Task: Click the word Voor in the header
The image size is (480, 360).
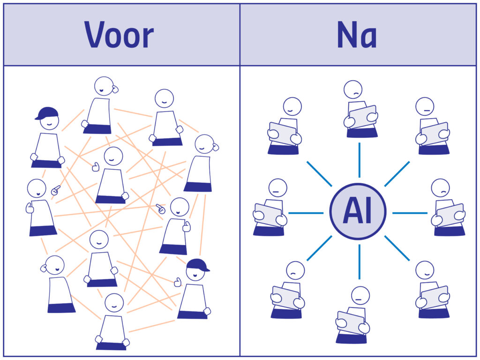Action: [x=119, y=35]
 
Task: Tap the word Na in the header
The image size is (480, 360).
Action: [x=357, y=35]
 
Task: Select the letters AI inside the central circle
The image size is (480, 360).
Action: [x=357, y=212]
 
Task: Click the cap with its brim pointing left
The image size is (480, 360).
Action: [x=47, y=113]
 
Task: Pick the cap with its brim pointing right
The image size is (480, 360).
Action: [x=197, y=265]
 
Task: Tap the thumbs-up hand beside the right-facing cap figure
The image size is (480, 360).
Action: [x=178, y=282]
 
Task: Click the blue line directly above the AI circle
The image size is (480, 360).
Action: [x=360, y=160]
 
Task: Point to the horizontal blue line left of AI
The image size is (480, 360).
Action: [x=306, y=213]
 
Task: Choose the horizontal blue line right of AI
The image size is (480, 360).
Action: [x=410, y=213]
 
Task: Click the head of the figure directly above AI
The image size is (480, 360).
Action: [x=353, y=90]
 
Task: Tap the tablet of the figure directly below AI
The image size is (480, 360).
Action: [x=351, y=322]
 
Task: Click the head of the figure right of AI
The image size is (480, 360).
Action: [x=440, y=188]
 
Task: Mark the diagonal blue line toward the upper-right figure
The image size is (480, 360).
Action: [x=397, y=174]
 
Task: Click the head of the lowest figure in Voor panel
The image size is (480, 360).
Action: [x=114, y=303]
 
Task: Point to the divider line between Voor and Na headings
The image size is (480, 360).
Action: [x=240, y=35]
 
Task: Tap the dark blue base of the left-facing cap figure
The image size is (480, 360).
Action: [x=46, y=164]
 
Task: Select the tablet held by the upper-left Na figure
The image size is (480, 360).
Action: [x=283, y=134]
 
